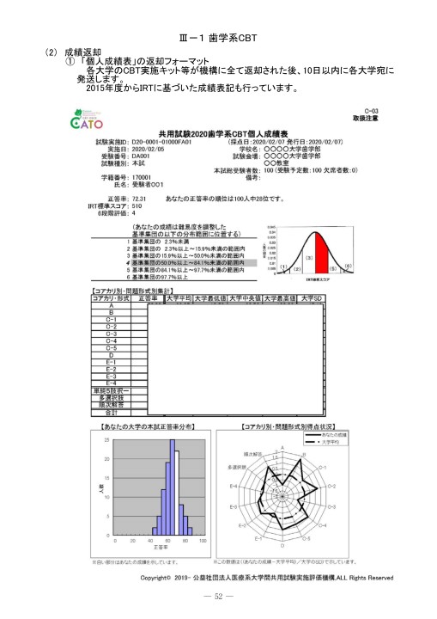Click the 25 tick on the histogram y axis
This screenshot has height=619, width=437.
point(106,440)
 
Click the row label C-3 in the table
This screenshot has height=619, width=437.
point(110,333)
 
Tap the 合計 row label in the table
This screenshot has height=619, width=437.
point(110,413)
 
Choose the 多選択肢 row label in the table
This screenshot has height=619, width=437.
point(110,398)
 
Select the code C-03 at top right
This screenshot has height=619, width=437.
point(370,112)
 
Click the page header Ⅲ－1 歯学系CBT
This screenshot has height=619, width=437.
point(218,38)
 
